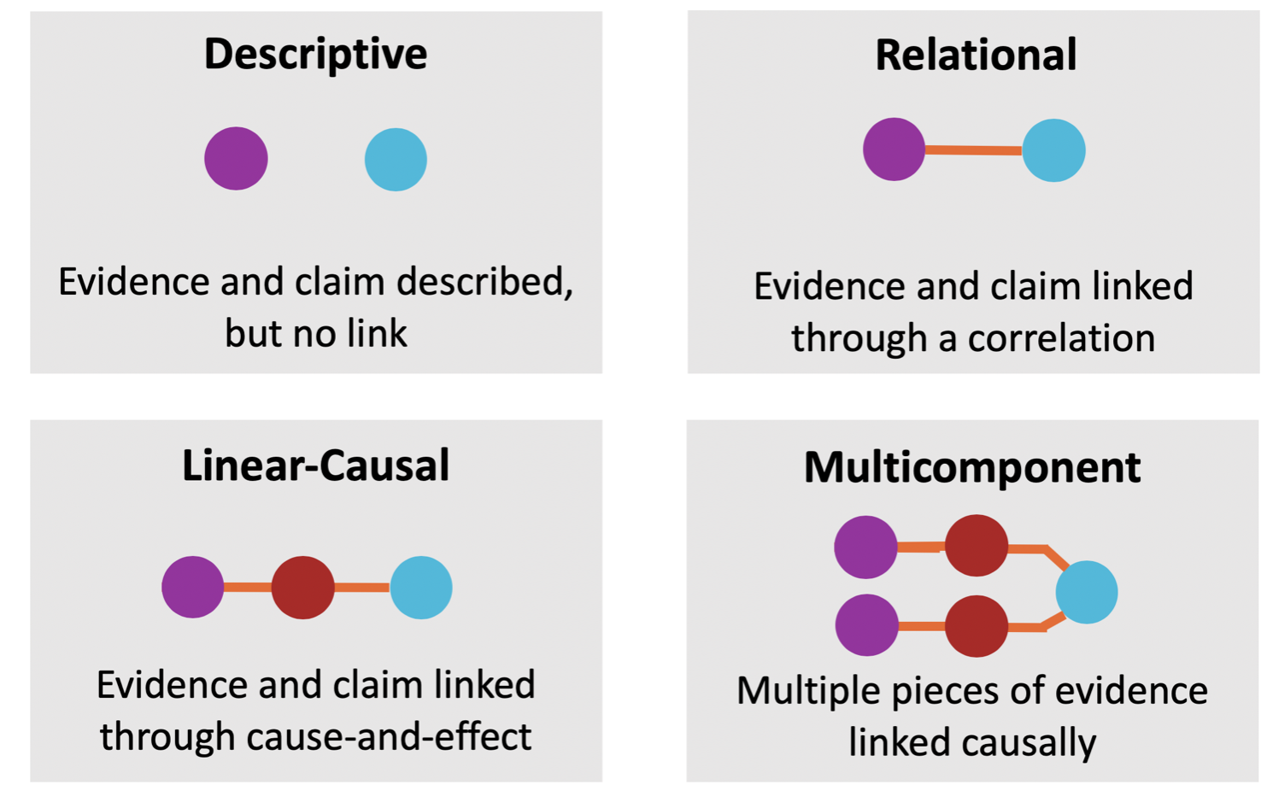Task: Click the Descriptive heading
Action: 315,54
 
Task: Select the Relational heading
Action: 975,55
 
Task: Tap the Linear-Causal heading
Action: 315,465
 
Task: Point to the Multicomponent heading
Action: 971,467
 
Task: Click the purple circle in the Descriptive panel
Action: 236,159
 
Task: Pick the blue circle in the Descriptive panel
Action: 396,160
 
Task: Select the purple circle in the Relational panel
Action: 894,149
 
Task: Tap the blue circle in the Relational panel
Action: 1053,150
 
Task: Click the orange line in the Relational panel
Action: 973,150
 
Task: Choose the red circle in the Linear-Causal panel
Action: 302,588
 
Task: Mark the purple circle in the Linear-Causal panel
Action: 193,588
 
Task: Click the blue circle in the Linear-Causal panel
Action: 421,588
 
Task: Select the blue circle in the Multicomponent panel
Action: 1087,592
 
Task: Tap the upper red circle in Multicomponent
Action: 976,546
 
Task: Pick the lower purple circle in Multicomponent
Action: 866,625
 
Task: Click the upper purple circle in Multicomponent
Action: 865,547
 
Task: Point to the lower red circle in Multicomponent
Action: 977,626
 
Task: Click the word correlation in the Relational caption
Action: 1061,338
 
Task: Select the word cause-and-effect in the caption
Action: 389,736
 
